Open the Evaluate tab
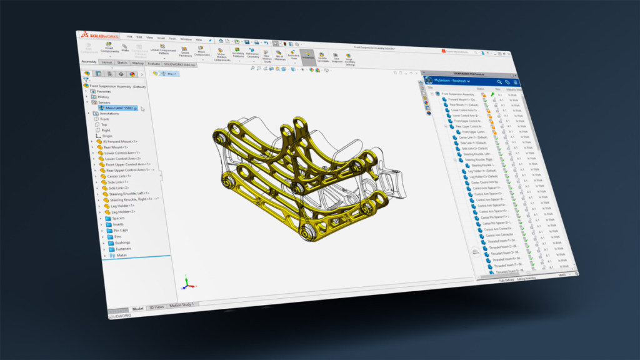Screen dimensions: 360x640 click(154, 63)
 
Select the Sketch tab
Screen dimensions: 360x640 click(122, 62)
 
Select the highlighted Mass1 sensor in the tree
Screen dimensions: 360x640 click(116, 108)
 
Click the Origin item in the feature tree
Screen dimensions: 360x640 click(106, 136)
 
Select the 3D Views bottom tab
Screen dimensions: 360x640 click(156, 307)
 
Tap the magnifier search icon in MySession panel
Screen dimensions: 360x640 click(499, 82)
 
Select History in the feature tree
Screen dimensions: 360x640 click(103, 97)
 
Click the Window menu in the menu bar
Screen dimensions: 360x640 click(186, 39)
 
